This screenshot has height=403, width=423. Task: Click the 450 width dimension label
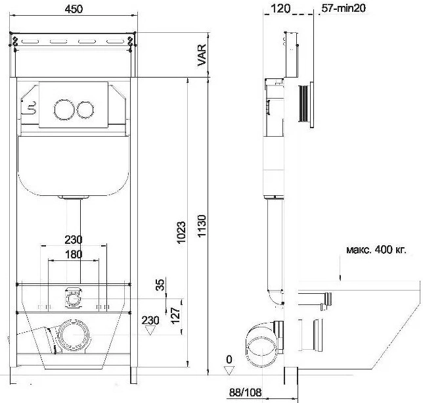point(74,9)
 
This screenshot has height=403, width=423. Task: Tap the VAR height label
point(202,55)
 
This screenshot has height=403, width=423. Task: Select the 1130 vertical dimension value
point(202,226)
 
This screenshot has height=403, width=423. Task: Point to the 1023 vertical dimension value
point(181,233)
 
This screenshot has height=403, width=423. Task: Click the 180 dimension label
point(74,254)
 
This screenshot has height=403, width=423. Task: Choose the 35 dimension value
point(160,285)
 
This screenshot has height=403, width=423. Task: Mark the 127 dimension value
point(175,316)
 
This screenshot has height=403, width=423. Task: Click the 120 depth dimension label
point(280,9)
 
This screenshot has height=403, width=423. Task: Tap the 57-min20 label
point(344,9)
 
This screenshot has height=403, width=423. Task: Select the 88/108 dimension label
point(245,392)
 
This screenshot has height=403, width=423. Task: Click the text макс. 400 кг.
point(376,249)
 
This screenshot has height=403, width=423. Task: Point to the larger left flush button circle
point(64,110)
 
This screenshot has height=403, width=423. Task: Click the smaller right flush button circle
point(85,110)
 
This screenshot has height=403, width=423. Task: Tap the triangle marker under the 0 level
point(229,370)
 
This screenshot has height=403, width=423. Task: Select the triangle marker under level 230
point(150,330)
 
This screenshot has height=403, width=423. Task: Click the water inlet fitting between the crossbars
point(73,298)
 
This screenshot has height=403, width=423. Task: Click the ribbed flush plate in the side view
point(306,104)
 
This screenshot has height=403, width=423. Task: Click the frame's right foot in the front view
point(134,375)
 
